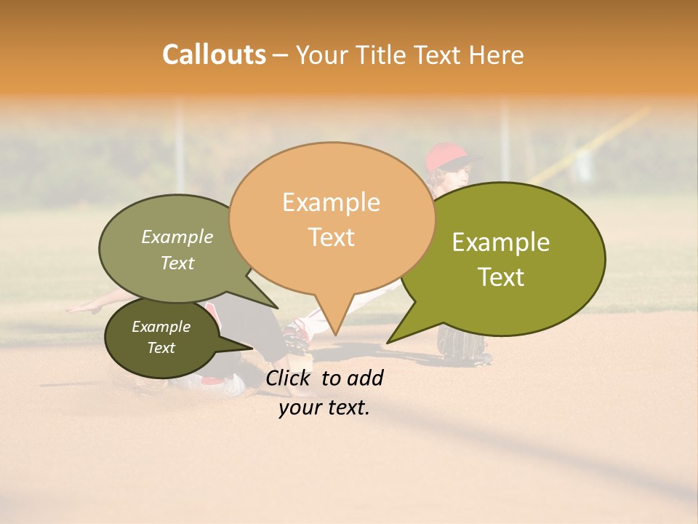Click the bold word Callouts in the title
(x=214, y=55)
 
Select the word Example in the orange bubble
(x=331, y=202)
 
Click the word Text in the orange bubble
(x=331, y=237)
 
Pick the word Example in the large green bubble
(x=501, y=242)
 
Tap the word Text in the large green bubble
(x=501, y=277)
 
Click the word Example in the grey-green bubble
(x=177, y=237)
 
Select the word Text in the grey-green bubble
(x=177, y=263)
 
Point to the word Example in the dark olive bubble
(x=161, y=327)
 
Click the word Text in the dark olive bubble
(x=161, y=348)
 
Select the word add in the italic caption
(x=365, y=378)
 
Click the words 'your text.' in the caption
(x=324, y=408)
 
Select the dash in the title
(x=281, y=55)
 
